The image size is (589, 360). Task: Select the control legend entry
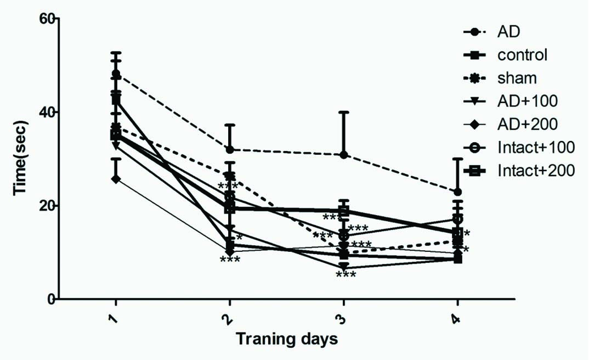point(522,55)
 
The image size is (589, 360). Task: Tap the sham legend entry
point(517,78)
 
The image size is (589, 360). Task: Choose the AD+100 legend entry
point(528,101)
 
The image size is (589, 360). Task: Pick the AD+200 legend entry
point(528,124)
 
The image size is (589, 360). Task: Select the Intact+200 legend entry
point(536,171)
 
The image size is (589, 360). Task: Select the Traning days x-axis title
point(287,339)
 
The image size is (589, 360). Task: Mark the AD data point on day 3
point(344,155)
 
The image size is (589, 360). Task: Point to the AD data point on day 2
point(230,150)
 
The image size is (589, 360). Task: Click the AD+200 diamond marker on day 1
point(116,179)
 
